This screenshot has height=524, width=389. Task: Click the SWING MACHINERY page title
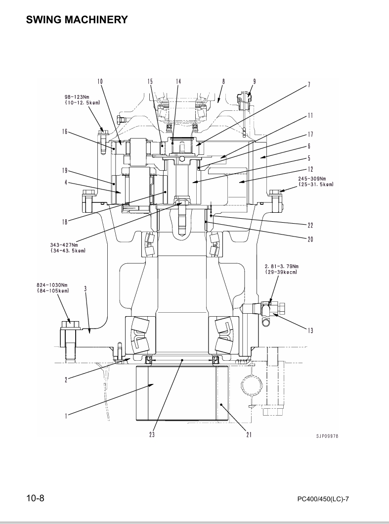coord(77,20)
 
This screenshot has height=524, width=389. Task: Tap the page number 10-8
coord(36,498)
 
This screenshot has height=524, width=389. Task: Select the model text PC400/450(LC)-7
coord(323,499)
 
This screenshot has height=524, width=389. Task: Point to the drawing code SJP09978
coord(327,436)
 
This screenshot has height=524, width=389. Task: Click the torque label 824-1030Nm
coord(52,285)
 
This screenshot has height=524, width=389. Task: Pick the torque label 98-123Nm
coord(77,97)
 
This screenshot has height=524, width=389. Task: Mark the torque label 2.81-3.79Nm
coord(282,266)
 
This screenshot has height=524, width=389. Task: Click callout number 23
coord(152,434)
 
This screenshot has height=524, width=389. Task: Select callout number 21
coord(249,434)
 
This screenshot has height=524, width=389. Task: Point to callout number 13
coord(310,331)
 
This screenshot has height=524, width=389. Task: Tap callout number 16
coord(64,132)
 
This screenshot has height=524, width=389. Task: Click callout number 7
coord(309,85)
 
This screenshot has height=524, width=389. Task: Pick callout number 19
coord(64,171)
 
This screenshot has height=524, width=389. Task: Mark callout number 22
coord(310,225)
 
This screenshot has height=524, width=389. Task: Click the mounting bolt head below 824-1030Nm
coord(70,325)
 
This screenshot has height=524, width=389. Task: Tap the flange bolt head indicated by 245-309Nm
coord(276,192)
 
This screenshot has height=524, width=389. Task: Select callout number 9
coord(255,81)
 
